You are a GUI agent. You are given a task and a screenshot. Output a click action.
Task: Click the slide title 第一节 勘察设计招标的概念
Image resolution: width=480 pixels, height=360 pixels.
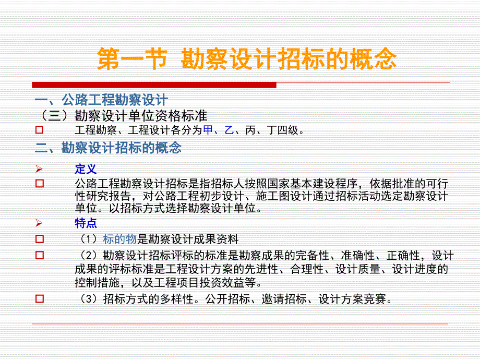point(247,60)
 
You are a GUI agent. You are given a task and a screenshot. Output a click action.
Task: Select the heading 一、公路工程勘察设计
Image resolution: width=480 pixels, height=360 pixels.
point(101,100)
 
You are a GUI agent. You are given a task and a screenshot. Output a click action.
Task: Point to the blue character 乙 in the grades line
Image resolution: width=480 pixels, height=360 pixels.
point(229,130)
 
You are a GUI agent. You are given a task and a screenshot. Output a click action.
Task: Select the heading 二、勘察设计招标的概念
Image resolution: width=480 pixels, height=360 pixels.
point(108,148)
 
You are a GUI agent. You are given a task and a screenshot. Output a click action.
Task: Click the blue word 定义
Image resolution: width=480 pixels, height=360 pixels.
point(86,169)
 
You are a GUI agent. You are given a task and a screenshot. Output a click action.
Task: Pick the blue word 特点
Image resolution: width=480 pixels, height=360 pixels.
point(86,223)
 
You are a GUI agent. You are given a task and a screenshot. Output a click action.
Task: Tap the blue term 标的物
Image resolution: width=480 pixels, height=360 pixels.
point(119,239)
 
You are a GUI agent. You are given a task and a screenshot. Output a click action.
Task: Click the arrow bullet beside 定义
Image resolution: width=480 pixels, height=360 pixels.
point(39,169)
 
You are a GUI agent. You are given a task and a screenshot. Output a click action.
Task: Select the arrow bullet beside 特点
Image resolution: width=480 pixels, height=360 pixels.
point(39,223)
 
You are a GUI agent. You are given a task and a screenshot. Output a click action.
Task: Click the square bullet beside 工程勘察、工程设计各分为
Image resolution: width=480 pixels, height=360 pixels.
point(39,130)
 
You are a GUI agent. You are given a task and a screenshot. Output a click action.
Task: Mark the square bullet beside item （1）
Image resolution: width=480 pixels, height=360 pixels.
point(39,239)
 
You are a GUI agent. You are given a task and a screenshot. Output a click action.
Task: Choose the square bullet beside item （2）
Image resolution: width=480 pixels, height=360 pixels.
point(39,256)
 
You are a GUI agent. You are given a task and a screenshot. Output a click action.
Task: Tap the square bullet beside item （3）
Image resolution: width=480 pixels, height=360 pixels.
point(39,299)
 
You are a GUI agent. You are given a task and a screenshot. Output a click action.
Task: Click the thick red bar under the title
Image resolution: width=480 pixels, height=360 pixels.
point(154,85)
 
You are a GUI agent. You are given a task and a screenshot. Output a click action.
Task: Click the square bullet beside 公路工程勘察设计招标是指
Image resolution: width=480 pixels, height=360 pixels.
point(39,184)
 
